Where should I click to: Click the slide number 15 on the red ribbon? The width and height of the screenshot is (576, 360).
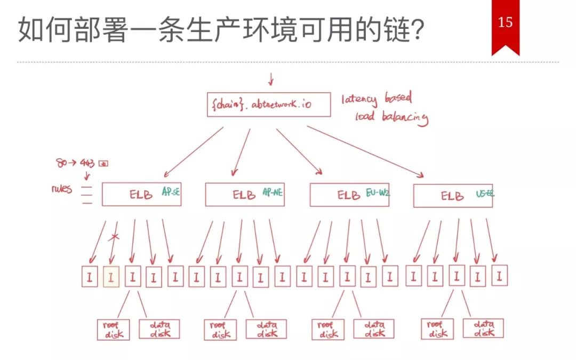[x=505, y=22]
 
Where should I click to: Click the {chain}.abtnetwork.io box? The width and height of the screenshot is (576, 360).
[x=268, y=105]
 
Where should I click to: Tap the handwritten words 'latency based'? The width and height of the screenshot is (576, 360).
[x=377, y=99]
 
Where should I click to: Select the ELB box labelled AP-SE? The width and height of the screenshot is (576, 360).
[x=141, y=195]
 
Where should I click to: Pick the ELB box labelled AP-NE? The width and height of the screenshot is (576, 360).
[x=244, y=195]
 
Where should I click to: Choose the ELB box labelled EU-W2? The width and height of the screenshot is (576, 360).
[x=349, y=195]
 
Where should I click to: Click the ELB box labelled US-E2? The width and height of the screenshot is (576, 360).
[x=453, y=196]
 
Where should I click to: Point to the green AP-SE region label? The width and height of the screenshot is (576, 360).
[x=171, y=193]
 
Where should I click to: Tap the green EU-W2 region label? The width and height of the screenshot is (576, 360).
[x=378, y=193]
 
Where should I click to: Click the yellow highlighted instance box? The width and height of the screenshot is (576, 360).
[x=111, y=277]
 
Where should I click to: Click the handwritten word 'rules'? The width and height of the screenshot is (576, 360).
[x=62, y=189]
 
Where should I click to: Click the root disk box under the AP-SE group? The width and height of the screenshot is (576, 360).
[x=113, y=329]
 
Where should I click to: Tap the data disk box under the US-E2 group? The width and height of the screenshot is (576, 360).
[x=483, y=328]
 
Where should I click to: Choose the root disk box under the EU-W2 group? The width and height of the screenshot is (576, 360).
[x=328, y=329]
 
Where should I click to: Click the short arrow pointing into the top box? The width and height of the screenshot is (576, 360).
[x=270, y=80]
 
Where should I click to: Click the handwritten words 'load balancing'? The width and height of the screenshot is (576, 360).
[x=391, y=117]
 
